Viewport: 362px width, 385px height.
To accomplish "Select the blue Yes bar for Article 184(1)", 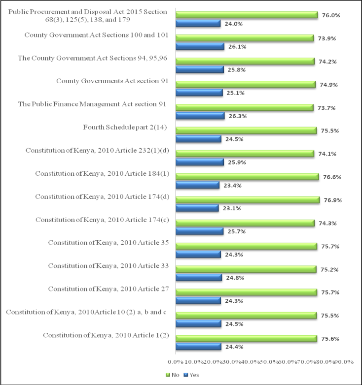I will click(x=197, y=185).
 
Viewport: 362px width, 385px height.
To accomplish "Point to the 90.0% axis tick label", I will click(x=344, y=362).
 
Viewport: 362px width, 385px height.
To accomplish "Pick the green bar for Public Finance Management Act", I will click(x=245, y=108).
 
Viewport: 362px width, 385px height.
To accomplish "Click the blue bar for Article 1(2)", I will click(x=198, y=347).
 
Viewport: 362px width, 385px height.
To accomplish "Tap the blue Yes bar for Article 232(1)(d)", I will click(x=200, y=162).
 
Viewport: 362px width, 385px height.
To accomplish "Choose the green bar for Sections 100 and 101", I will click(x=245, y=38).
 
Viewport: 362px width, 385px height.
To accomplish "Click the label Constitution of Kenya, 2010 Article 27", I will click(x=109, y=289).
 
